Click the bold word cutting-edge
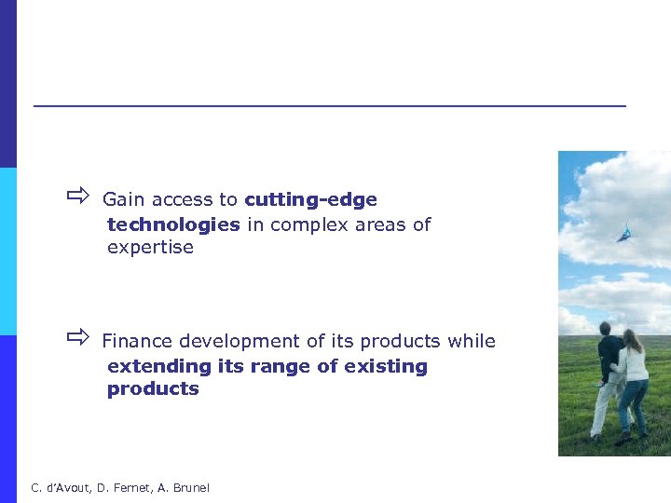point(310,199)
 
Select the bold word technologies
point(173,224)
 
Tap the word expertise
point(150,248)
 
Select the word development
point(233,341)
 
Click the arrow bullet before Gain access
point(76,197)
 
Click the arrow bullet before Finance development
point(76,337)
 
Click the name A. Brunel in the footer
point(185,488)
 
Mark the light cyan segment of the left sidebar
point(8,251)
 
